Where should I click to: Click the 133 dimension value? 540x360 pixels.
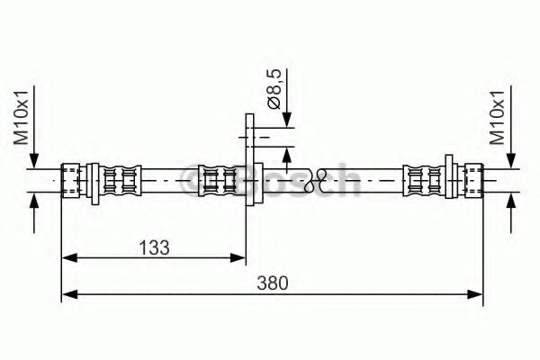(x=153, y=245)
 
